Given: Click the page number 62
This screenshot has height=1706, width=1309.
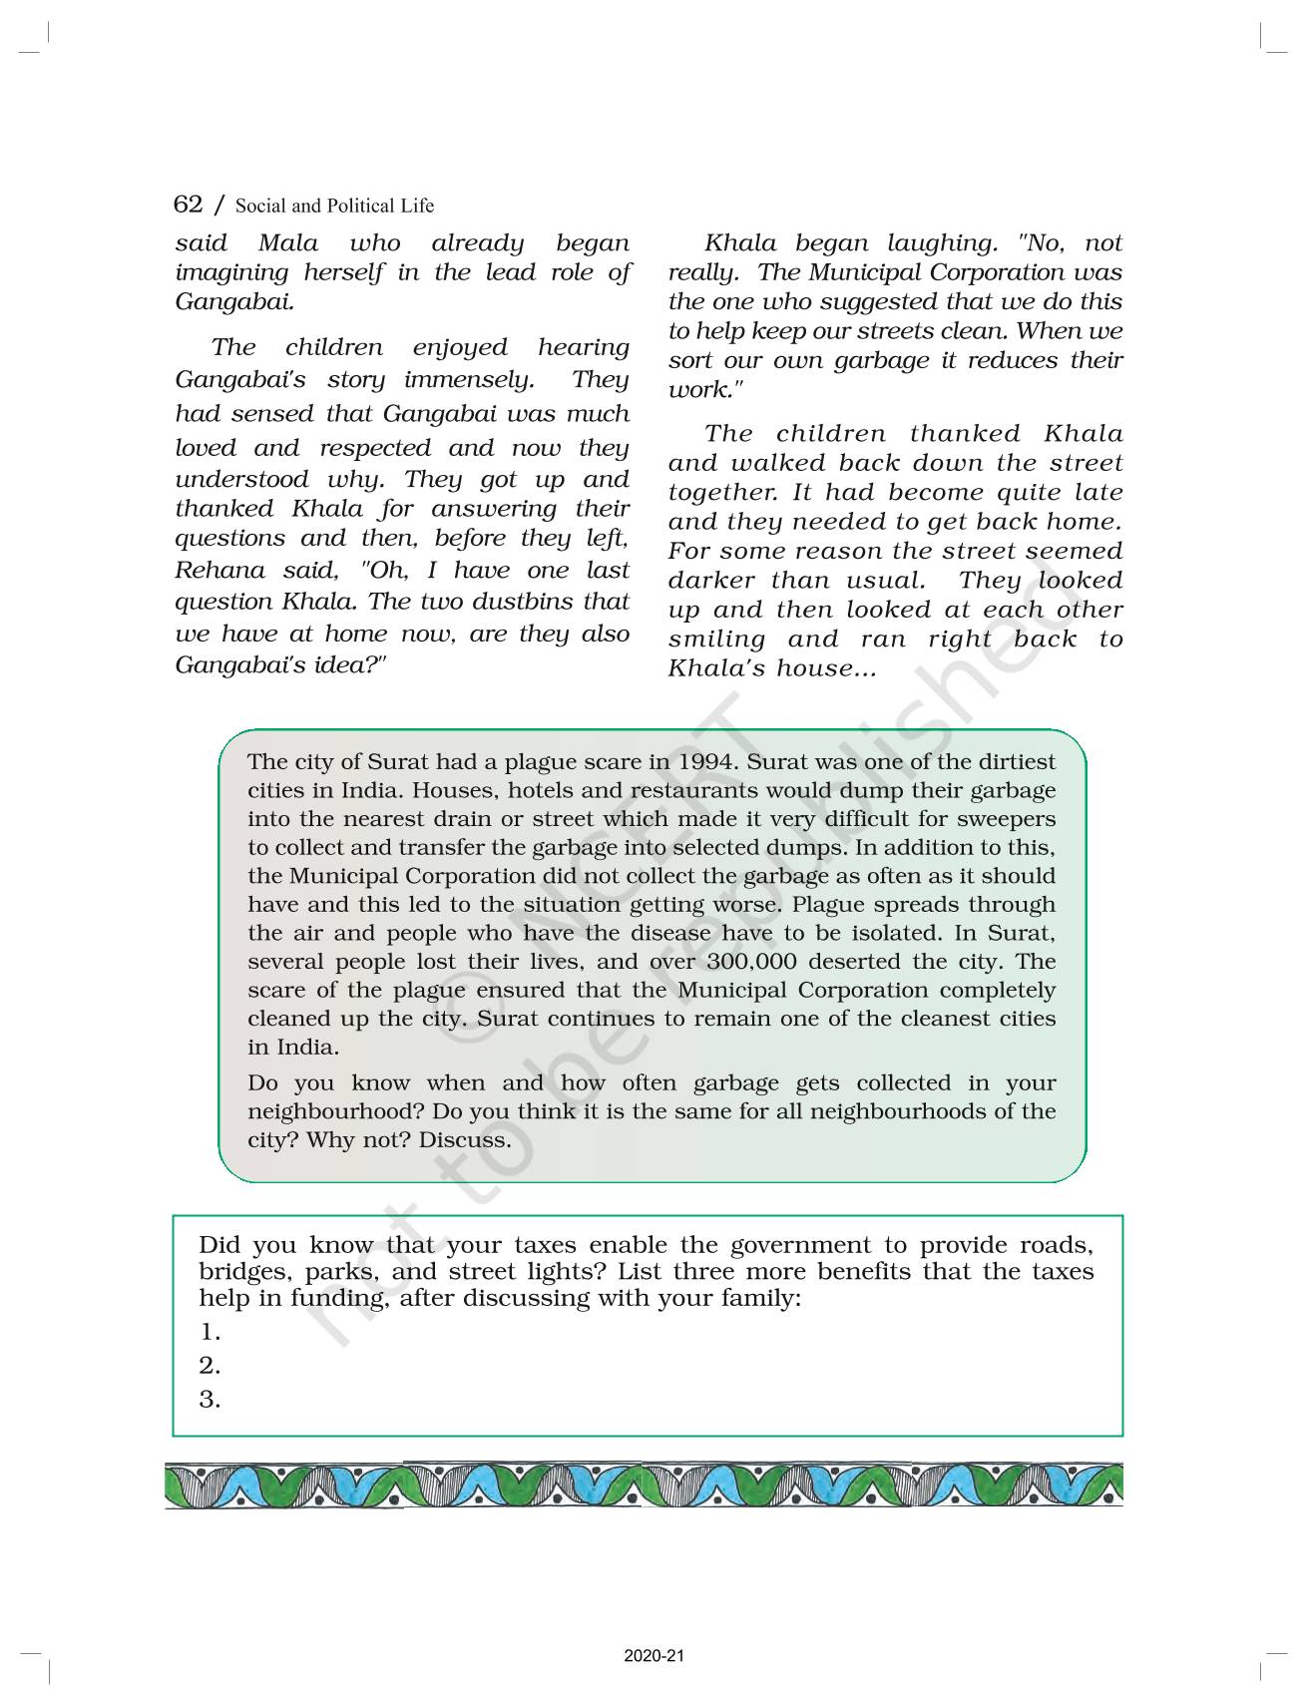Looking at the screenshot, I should pos(188,205).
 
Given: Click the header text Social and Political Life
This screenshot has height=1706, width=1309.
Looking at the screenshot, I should pos(334,207).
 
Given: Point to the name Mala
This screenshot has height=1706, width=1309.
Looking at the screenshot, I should pos(288,243).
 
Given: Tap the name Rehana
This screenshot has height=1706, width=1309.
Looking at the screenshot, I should pos(214,571).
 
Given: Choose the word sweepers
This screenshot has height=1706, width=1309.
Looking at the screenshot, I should pos(1006,819).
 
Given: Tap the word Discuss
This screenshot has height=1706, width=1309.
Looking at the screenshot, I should pos(465,1140).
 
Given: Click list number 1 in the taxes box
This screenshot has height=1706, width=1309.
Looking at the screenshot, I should pos(210,1333).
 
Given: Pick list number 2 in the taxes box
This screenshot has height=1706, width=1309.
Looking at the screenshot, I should pos(210,1366).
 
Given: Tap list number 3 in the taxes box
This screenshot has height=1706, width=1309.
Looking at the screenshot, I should pos(210,1400).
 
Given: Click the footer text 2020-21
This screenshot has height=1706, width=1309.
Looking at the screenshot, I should pos(654,1657).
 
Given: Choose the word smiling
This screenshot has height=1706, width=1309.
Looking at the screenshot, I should pos(716,640).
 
